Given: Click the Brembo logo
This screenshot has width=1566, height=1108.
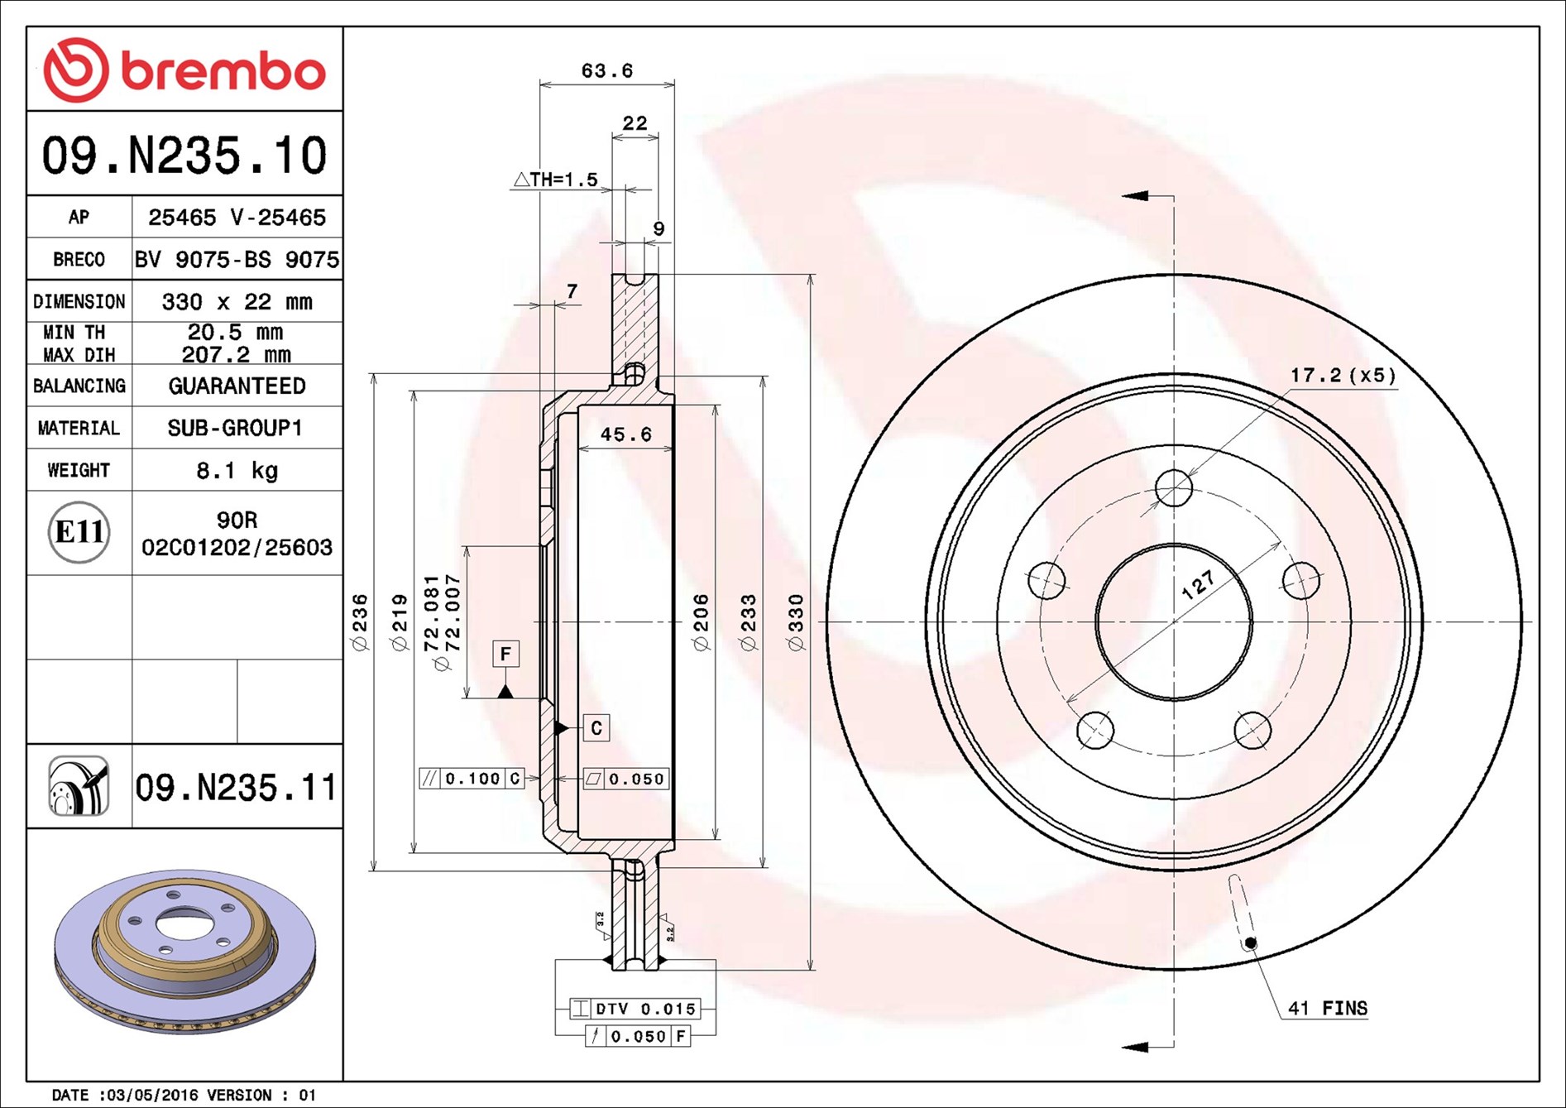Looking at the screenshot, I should (184, 70).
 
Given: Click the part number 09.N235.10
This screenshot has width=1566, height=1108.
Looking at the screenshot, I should (184, 156).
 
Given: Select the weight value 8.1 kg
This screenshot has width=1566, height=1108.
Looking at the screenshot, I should (237, 471).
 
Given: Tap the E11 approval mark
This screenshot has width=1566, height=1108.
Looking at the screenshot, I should (79, 532).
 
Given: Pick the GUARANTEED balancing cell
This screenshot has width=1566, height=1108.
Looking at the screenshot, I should (237, 386).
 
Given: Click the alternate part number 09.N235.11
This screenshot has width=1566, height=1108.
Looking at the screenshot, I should (236, 788).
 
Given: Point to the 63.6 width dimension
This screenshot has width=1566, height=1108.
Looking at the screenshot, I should (606, 71).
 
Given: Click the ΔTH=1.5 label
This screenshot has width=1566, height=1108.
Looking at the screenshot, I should (556, 180).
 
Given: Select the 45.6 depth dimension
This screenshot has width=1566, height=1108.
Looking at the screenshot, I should (625, 434).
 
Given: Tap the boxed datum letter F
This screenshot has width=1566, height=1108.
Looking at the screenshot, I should (505, 654).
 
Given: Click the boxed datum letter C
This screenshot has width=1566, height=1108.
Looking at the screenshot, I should (596, 728).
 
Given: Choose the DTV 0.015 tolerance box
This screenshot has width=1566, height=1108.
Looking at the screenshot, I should (635, 1009).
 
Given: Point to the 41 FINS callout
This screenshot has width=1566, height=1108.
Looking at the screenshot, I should (1327, 1009).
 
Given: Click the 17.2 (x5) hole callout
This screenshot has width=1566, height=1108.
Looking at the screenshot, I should (1342, 376).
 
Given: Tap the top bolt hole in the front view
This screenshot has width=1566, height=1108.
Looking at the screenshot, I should (1173, 488).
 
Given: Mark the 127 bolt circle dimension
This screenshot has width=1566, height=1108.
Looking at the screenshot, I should (1197, 585).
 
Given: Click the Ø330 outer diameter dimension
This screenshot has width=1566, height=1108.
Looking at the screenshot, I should (796, 622).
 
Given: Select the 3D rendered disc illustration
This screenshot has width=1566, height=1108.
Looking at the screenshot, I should (184, 952).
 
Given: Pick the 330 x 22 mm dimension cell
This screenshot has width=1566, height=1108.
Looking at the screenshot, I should (237, 302).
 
